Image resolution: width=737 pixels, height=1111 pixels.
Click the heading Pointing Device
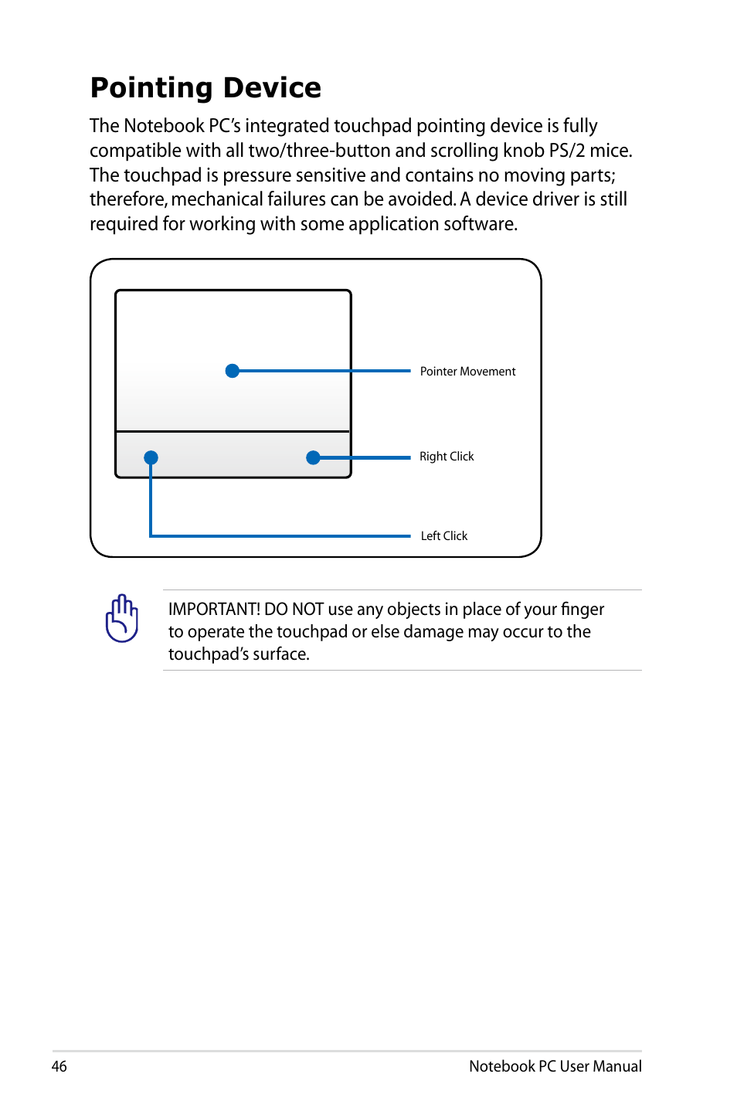(x=205, y=88)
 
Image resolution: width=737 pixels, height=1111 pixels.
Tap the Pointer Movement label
(x=467, y=372)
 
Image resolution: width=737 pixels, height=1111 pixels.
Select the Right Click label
(x=447, y=457)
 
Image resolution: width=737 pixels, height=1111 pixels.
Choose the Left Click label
(x=444, y=536)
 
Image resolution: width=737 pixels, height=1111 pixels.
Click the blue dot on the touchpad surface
(x=232, y=371)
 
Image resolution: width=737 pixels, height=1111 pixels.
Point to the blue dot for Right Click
(x=313, y=457)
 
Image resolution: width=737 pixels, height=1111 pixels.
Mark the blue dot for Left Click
(x=151, y=457)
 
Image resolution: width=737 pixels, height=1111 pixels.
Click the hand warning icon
(x=122, y=618)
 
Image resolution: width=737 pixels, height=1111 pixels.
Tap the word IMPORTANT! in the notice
(x=214, y=610)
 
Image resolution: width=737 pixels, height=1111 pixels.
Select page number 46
(x=59, y=1066)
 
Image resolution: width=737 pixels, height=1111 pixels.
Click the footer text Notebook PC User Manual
(x=555, y=1066)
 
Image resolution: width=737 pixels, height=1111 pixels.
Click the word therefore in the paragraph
(x=127, y=199)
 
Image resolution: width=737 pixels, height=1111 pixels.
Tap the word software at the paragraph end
(x=484, y=224)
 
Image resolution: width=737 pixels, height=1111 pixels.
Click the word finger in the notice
(x=582, y=610)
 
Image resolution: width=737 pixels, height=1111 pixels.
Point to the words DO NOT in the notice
(x=294, y=610)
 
